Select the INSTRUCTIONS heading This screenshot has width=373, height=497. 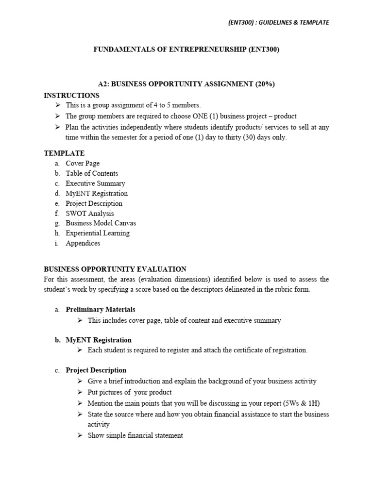tap(71, 95)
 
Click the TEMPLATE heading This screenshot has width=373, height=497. tap(64, 153)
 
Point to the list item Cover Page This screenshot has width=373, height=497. tap(83, 164)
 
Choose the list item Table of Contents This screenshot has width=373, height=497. tap(92, 173)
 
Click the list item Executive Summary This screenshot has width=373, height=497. tap(95, 183)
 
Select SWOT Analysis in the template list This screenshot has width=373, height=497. tap(90, 214)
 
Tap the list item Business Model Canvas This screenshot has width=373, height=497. tap(101, 223)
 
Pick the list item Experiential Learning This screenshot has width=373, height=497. tap(98, 233)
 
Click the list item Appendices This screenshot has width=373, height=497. tap(83, 243)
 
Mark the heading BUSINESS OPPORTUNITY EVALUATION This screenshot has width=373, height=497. tap(115, 269)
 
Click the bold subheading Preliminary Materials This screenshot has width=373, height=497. tap(101, 309)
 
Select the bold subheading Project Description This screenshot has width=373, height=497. tap(96, 370)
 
